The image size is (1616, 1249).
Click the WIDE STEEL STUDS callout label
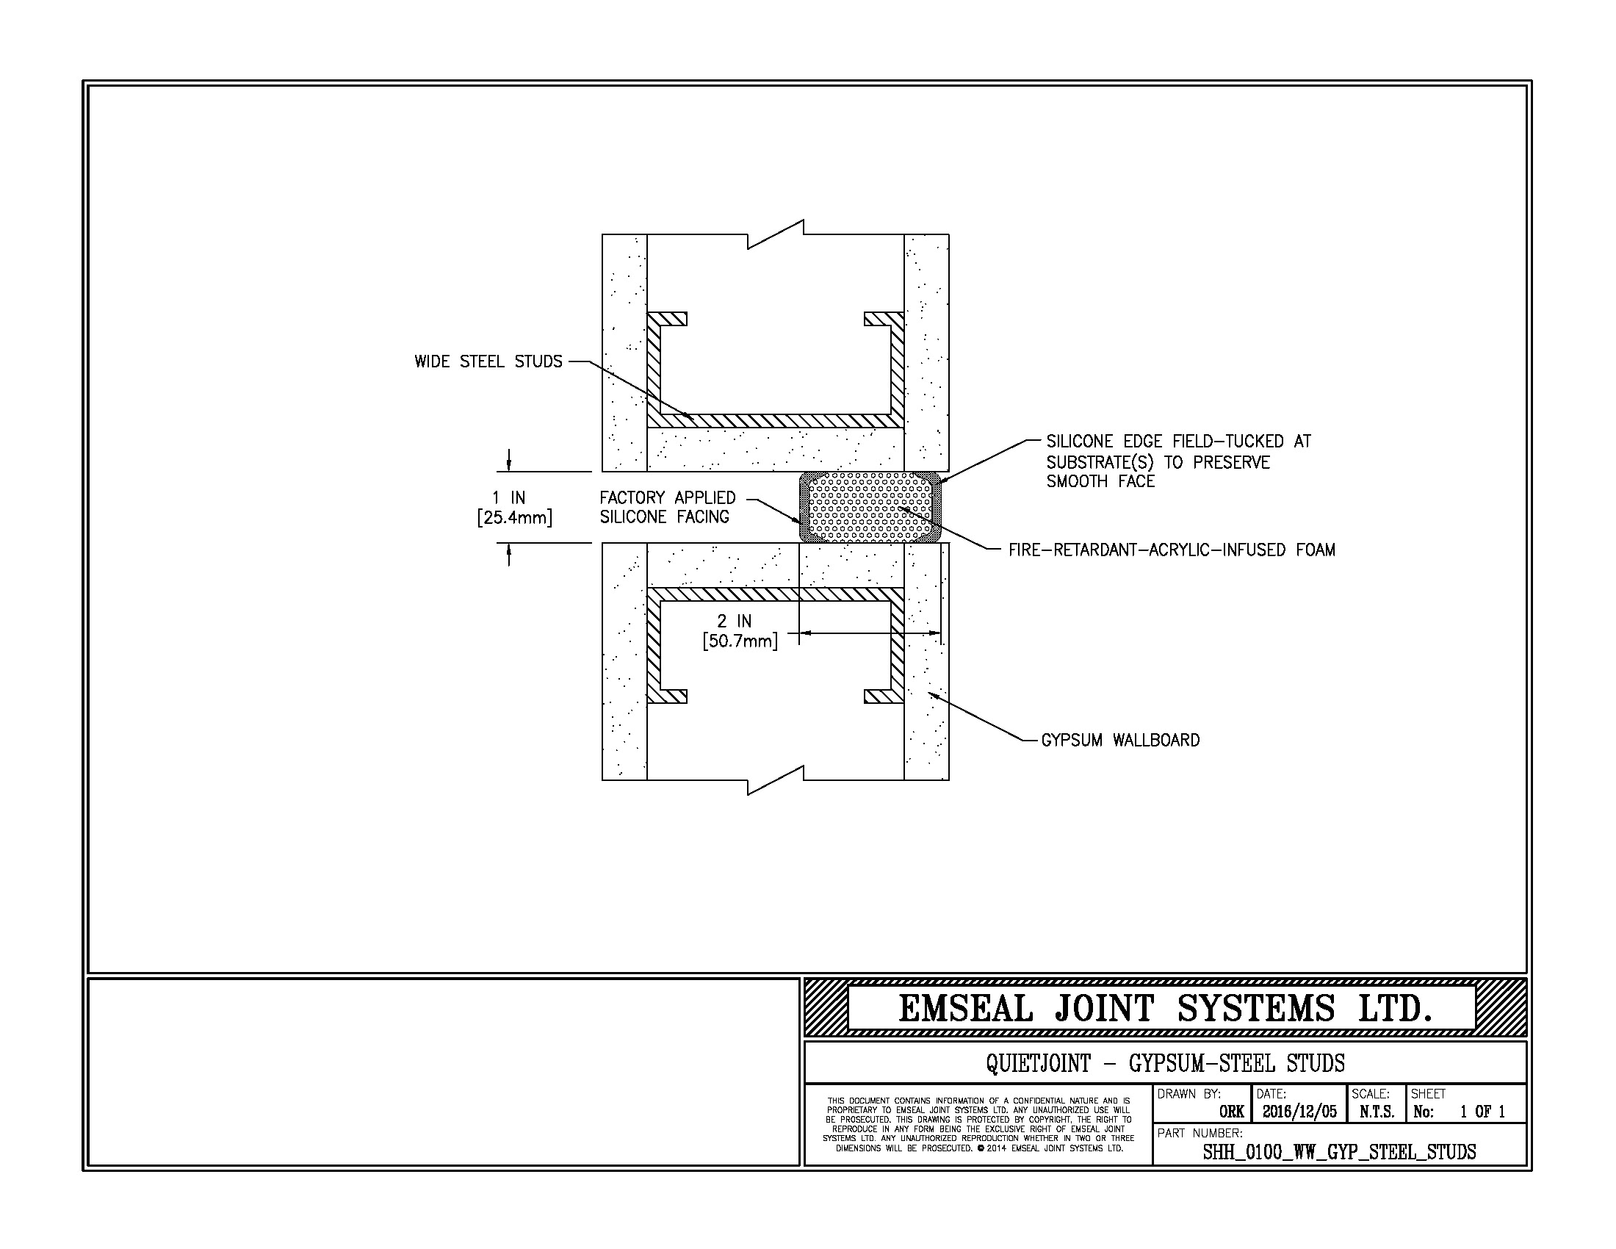[488, 361]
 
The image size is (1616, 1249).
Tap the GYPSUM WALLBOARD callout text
[1120, 740]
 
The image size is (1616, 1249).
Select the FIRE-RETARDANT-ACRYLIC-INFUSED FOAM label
[1172, 550]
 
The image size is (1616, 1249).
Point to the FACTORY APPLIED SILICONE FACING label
[668, 508]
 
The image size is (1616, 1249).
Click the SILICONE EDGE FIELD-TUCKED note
[1179, 461]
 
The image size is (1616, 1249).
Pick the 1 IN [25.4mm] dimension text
[514, 508]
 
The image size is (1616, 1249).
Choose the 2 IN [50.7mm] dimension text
[740, 631]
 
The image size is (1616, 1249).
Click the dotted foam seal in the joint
[870, 508]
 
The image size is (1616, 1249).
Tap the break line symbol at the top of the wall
[776, 234]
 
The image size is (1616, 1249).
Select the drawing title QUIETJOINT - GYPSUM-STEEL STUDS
[1166, 1064]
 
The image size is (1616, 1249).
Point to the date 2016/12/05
[1299, 1112]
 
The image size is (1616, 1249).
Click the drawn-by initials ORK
[1231, 1112]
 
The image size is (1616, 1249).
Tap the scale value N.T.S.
[1377, 1112]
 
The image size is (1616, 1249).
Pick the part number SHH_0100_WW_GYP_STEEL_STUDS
[1339, 1152]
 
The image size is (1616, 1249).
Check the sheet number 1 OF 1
[1482, 1112]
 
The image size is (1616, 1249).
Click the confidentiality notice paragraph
[978, 1125]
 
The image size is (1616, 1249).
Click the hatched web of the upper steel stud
[776, 420]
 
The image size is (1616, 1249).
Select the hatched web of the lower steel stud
[776, 595]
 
